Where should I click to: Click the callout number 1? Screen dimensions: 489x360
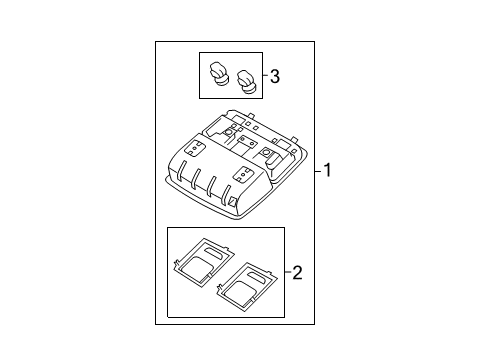click(327, 171)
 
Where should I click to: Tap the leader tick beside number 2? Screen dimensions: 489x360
click(288, 271)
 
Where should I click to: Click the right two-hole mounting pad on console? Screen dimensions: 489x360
click(243, 173)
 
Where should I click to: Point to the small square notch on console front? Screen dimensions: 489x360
click(232, 203)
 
